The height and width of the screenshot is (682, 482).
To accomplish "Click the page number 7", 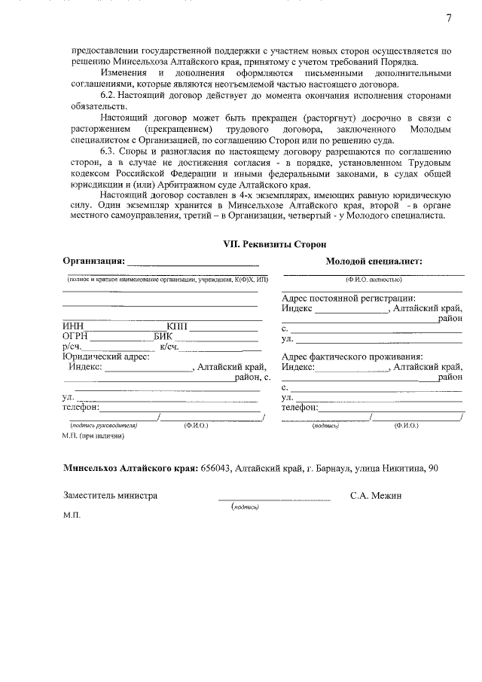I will [449, 17].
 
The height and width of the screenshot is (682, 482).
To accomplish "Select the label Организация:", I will [93, 261].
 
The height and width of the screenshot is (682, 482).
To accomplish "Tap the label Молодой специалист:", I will [374, 261].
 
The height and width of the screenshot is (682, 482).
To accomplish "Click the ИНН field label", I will [73, 326].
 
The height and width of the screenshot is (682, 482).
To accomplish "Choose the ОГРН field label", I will [76, 336].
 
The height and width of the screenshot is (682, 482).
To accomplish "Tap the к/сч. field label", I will [169, 347].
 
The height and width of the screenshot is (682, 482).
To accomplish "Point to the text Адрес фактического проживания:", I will [351, 356].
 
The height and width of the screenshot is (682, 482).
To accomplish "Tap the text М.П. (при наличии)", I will [93, 436].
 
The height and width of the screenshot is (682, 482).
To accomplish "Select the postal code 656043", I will [216, 468].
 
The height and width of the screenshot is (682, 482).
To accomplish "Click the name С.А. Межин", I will [377, 496].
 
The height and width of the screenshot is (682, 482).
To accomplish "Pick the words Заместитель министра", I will [111, 496].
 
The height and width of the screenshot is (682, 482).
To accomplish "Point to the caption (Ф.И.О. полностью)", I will [373, 280].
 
